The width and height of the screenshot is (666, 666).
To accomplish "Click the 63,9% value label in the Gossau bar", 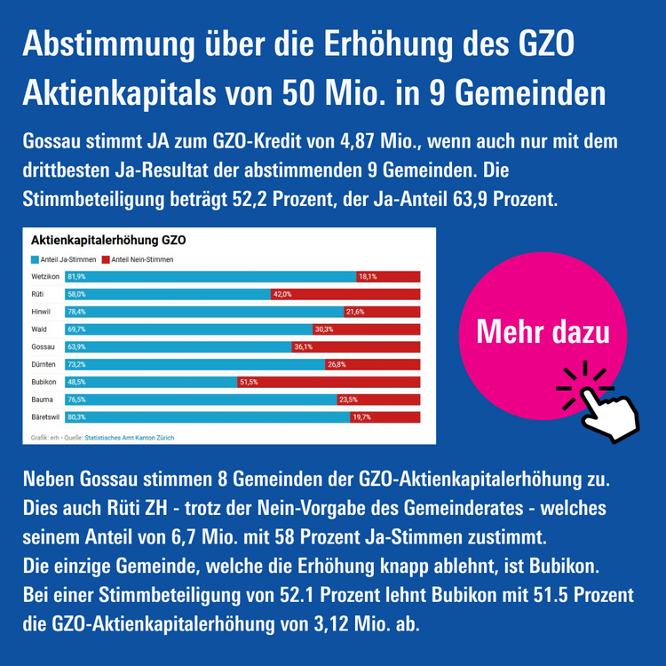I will [x=76, y=346].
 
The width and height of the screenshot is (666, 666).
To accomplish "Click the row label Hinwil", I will [x=41, y=312].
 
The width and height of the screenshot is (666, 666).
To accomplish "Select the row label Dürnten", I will [x=43, y=364].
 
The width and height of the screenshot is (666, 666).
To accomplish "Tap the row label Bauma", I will [x=41, y=399].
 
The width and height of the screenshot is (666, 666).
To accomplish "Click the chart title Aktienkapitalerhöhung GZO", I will [x=107, y=241].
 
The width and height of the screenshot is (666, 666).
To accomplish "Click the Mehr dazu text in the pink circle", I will [x=543, y=332].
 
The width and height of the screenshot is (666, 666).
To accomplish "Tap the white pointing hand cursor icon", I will [x=601, y=405].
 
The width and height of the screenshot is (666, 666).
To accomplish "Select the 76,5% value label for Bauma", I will [x=76, y=399].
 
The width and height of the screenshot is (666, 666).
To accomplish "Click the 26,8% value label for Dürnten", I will [x=336, y=364].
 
